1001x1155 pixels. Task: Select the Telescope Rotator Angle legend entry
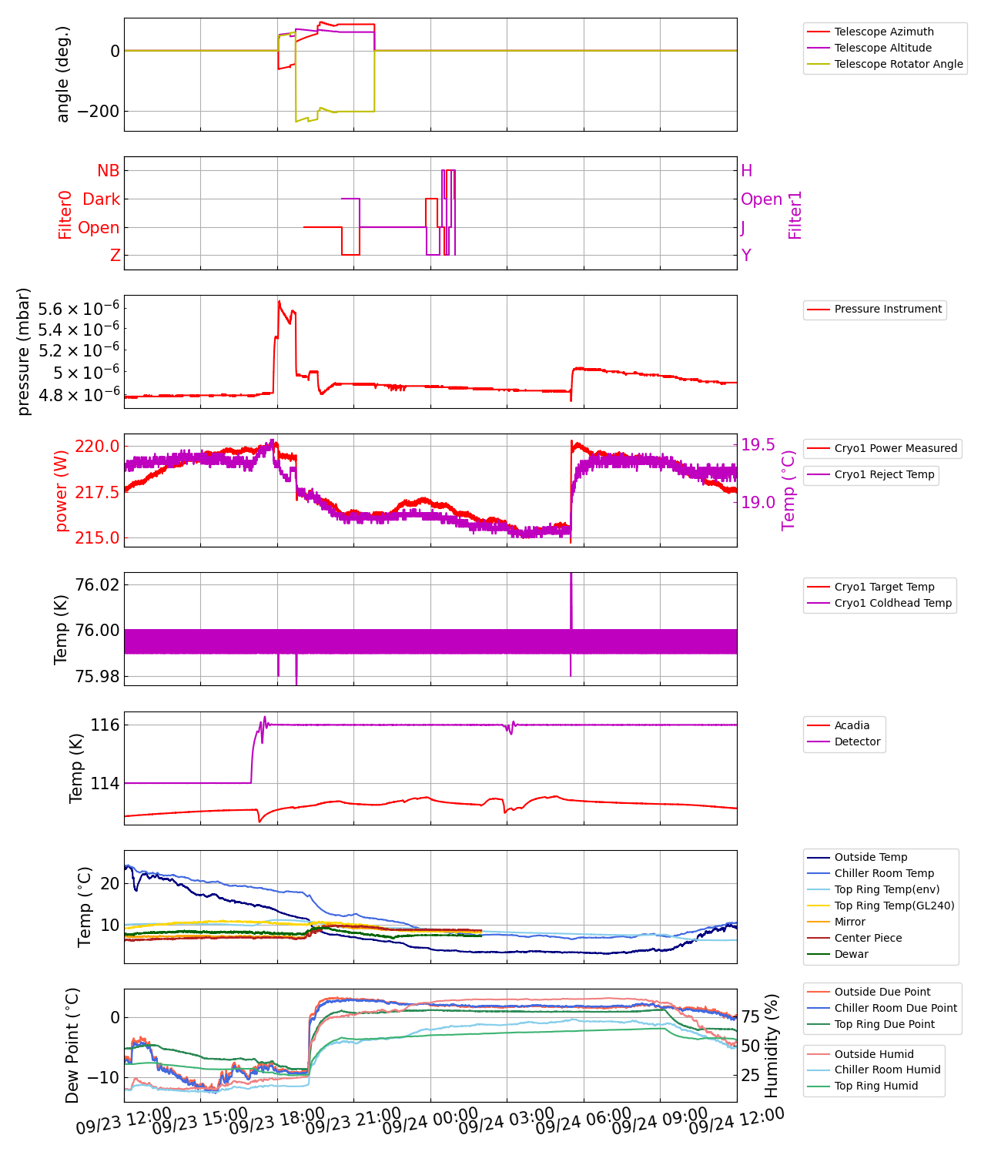click(898, 64)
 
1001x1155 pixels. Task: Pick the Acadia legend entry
click(852, 725)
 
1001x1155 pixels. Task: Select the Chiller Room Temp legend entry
click(883, 873)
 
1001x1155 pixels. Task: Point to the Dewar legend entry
click(851, 954)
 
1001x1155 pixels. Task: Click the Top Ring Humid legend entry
click(875, 1086)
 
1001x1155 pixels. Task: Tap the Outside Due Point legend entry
click(882, 992)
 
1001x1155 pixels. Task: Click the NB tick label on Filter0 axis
click(109, 171)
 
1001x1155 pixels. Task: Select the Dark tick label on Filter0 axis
click(102, 199)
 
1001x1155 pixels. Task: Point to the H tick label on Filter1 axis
click(747, 171)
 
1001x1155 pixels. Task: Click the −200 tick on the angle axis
click(93, 111)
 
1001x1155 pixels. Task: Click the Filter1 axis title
click(795, 215)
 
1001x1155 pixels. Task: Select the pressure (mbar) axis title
click(24, 352)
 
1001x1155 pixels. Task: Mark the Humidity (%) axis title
click(772, 1046)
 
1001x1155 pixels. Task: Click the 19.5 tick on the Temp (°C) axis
click(758, 445)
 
